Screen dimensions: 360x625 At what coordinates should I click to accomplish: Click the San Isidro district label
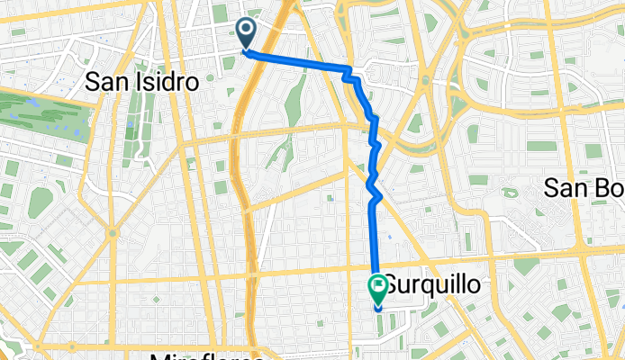[x=141, y=82]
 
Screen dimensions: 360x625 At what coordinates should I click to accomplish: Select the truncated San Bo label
[x=584, y=187]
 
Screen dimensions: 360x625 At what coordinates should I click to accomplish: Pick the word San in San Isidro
[x=104, y=82]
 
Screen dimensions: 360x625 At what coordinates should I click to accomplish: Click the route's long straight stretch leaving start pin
[x=297, y=61]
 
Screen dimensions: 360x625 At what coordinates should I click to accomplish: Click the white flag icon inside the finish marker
[x=377, y=288]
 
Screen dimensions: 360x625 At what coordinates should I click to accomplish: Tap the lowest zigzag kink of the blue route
[x=379, y=193]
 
